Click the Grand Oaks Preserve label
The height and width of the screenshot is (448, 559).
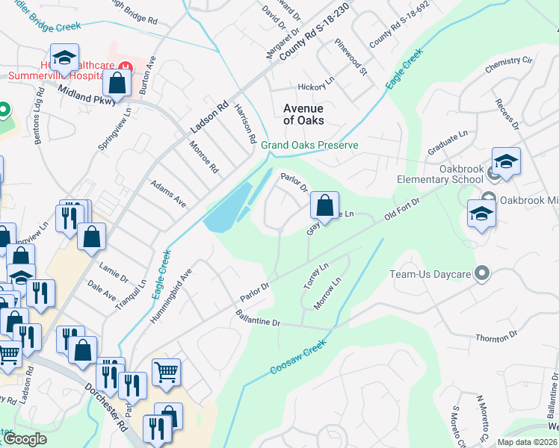point(309,145)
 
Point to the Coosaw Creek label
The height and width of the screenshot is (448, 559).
point(297,359)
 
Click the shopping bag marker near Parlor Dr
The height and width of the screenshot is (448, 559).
point(324,205)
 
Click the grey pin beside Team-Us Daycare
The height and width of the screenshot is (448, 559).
point(482,273)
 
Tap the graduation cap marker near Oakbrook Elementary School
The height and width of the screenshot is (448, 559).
point(506,161)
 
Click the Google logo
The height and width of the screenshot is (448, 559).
point(25,439)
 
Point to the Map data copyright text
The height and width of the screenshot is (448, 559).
point(526,442)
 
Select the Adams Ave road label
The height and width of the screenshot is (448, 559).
point(168,193)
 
